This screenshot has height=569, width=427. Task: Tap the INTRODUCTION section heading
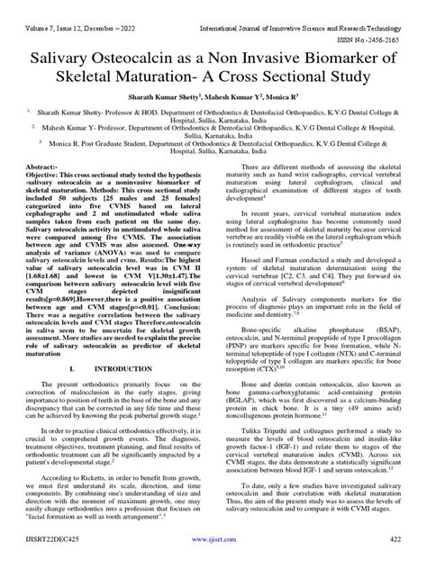pos(128,393)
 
